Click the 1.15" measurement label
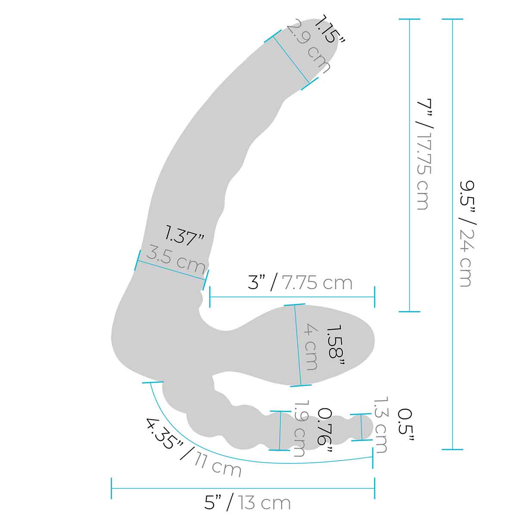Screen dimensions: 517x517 330,30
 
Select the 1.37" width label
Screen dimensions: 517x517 184,236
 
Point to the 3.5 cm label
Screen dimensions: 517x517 176,258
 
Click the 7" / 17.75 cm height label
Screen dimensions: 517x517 424,154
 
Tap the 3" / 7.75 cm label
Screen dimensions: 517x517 300,283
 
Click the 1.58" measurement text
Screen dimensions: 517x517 335,345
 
